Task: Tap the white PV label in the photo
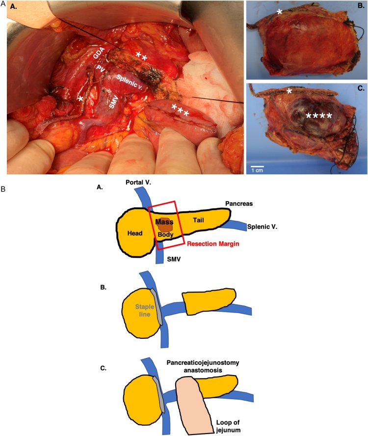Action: [101, 67]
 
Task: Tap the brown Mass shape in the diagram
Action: [164, 224]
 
